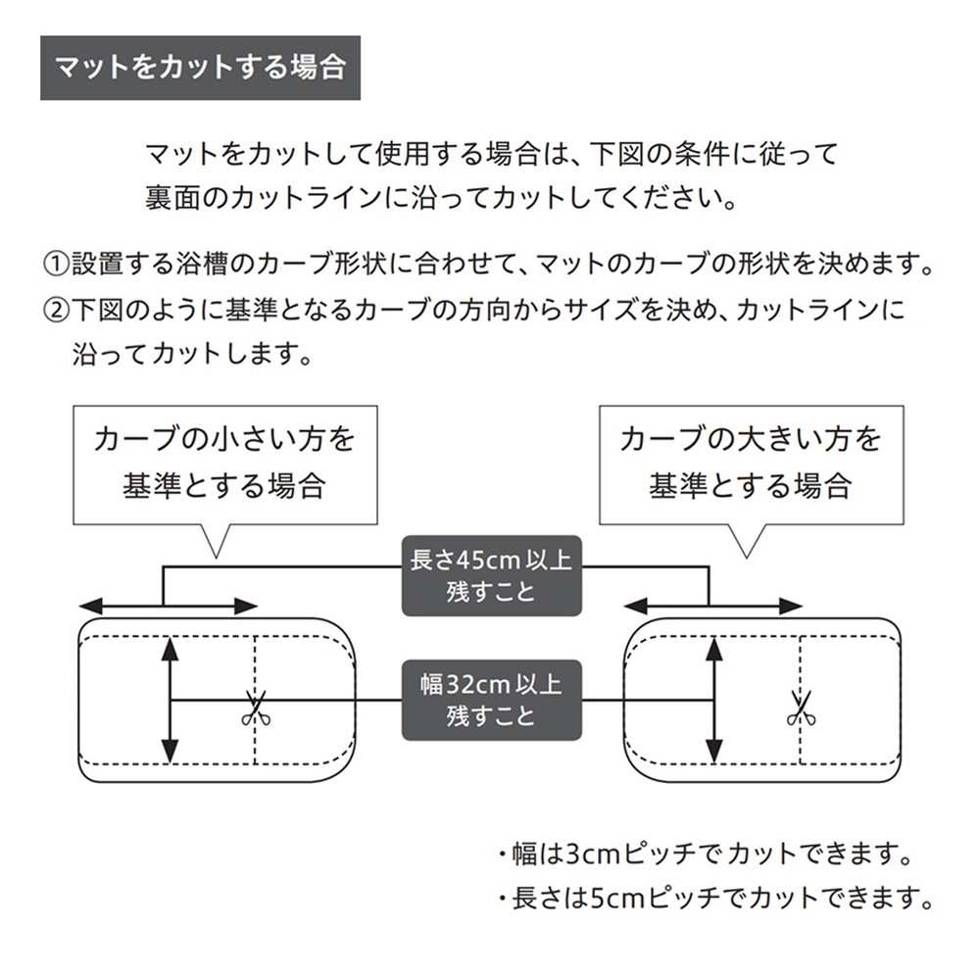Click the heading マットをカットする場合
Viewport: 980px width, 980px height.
(200, 68)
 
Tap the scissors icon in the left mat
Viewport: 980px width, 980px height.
(256, 708)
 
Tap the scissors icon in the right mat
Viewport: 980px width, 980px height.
(801, 708)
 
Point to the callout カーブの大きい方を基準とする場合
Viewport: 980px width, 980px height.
(751, 463)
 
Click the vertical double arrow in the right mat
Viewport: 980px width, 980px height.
(715, 699)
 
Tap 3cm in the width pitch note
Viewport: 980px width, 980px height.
(591, 853)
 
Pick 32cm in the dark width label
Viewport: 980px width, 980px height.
(478, 683)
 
